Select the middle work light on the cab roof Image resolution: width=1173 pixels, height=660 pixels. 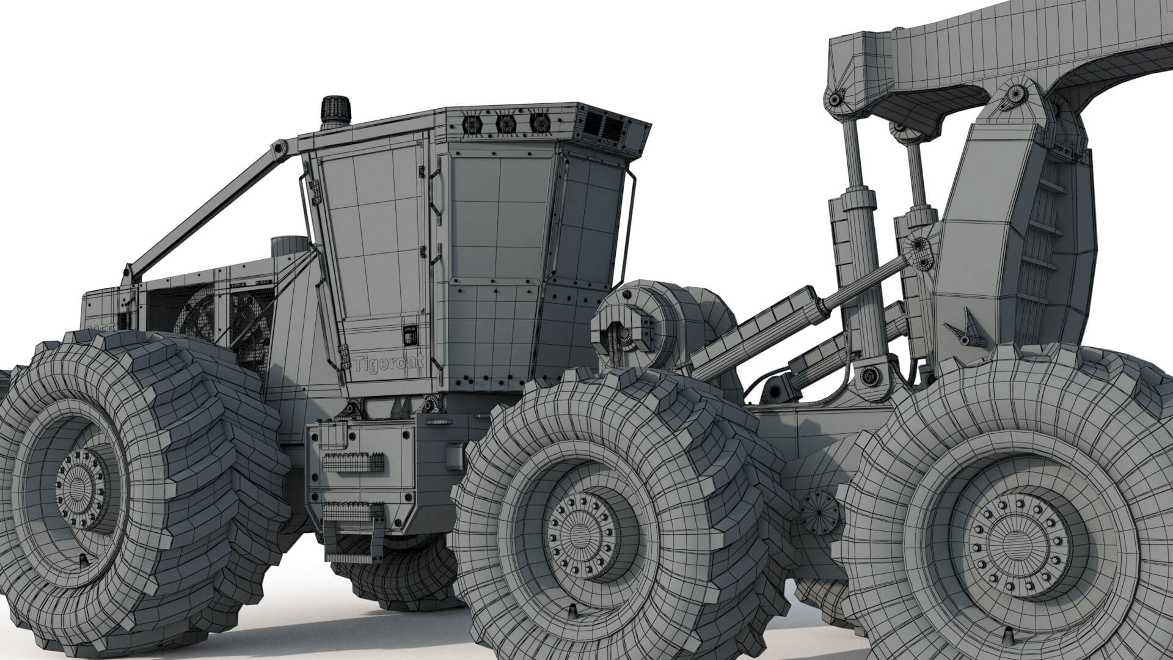(506, 124)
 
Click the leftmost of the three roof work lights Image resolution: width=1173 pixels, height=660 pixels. (472, 125)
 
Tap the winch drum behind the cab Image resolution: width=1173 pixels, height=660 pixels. (635, 330)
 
